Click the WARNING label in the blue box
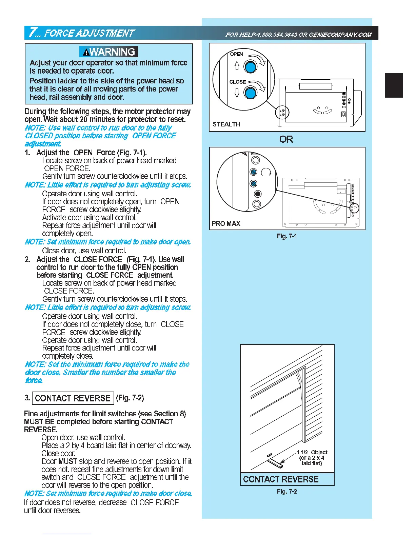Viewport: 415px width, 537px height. click(108, 52)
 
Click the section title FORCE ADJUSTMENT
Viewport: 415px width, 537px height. click(90, 33)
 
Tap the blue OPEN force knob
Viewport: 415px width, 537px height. click(251, 66)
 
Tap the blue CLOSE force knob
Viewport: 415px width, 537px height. click(251, 93)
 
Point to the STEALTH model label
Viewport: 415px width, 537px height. click(226, 124)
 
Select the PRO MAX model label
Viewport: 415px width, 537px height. click(226, 224)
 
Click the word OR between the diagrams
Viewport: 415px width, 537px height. click(286, 139)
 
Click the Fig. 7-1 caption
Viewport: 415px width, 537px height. click(286, 236)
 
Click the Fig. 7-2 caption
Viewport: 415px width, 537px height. click(286, 492)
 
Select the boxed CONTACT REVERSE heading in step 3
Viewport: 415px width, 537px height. click(73, 398)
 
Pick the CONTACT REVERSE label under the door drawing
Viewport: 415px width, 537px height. click(281, 479)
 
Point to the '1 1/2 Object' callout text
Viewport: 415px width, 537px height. click(312, 453)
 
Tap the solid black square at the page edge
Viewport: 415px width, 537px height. click(394, 85)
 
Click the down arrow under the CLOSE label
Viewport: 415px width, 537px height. click(237, 93)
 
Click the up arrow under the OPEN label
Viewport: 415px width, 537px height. click(237, 66)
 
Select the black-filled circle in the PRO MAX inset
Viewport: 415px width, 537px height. click(258, 194)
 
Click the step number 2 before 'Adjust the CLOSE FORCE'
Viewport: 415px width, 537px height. click(27, 260)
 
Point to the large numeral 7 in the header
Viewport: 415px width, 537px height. click(33, 33)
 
